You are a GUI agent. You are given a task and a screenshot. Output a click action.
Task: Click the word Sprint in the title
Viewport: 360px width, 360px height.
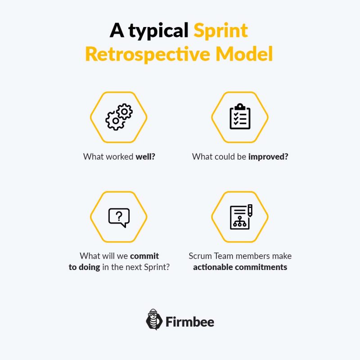[x=220, y=31]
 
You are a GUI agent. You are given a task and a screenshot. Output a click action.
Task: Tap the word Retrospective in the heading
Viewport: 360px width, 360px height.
[x=148, y=54]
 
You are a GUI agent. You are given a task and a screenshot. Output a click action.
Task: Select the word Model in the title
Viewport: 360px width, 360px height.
[x=244, y=54]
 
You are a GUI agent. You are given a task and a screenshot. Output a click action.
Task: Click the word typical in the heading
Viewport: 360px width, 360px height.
[x=158, y=31]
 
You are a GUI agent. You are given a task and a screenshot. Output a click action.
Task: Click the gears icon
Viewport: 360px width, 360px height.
[x=119, y=117]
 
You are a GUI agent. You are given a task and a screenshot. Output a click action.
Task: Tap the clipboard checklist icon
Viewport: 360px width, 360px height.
[x=240, y=117]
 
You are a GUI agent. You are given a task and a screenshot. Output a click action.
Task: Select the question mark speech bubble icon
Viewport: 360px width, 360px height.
[x=119, y=218]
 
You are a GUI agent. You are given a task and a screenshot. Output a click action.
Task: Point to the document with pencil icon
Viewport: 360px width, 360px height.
[x=241, y=217]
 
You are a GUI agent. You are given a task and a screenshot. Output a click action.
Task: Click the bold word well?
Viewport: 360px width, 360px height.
[x=145, y=157]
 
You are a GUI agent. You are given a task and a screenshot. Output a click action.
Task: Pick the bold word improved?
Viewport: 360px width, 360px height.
[x=268, y=157]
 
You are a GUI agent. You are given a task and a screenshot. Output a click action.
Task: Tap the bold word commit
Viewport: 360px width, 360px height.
[x=144, y=256]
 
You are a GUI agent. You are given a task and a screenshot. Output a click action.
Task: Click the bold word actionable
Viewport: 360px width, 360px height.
[x=213, y=267]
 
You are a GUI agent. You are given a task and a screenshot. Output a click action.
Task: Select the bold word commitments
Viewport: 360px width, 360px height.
[x=261, y=267]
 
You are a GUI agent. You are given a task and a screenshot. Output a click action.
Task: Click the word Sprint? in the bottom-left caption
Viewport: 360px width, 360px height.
[x=157, y=267]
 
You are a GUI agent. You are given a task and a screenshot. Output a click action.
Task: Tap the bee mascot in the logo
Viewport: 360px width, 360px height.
[x=154, y=319]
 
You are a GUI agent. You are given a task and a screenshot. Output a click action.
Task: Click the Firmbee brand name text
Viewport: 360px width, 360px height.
[x=190, y=322]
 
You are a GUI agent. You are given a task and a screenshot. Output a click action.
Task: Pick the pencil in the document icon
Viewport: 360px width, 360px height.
[x=250, y=210]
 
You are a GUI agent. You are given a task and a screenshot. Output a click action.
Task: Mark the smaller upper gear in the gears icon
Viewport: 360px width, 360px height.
[x=125, y=112]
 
